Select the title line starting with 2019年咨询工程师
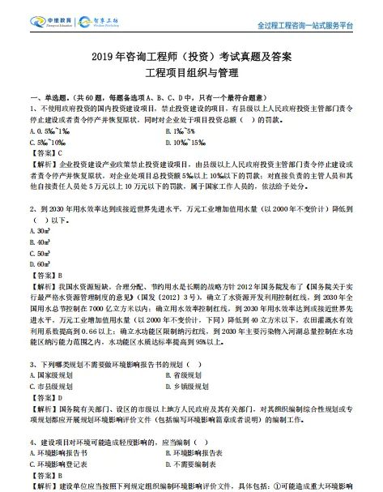(190, 58)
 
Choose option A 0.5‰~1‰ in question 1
(50, 130)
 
